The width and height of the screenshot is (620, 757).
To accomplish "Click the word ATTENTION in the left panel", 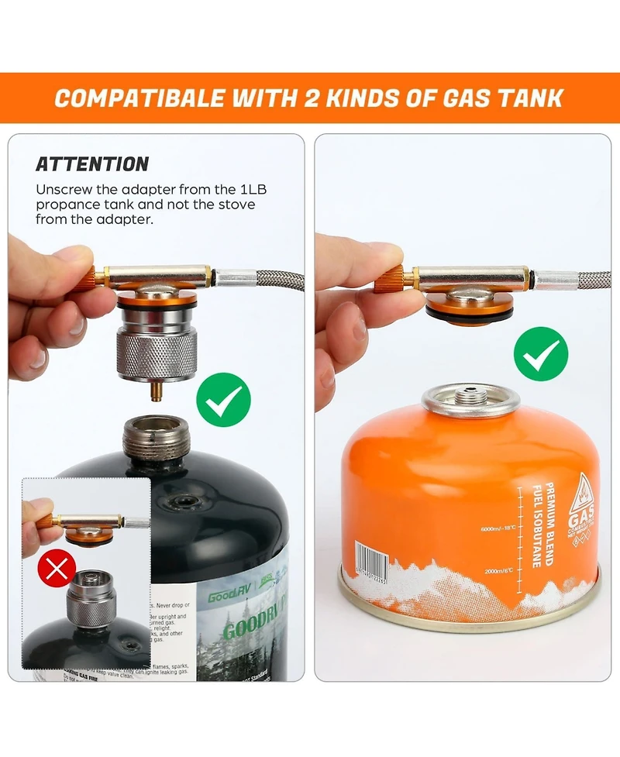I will (92, 164).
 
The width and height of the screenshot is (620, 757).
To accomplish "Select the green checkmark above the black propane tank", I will (223, 401).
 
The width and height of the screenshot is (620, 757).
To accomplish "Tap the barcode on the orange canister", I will (370, 559).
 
